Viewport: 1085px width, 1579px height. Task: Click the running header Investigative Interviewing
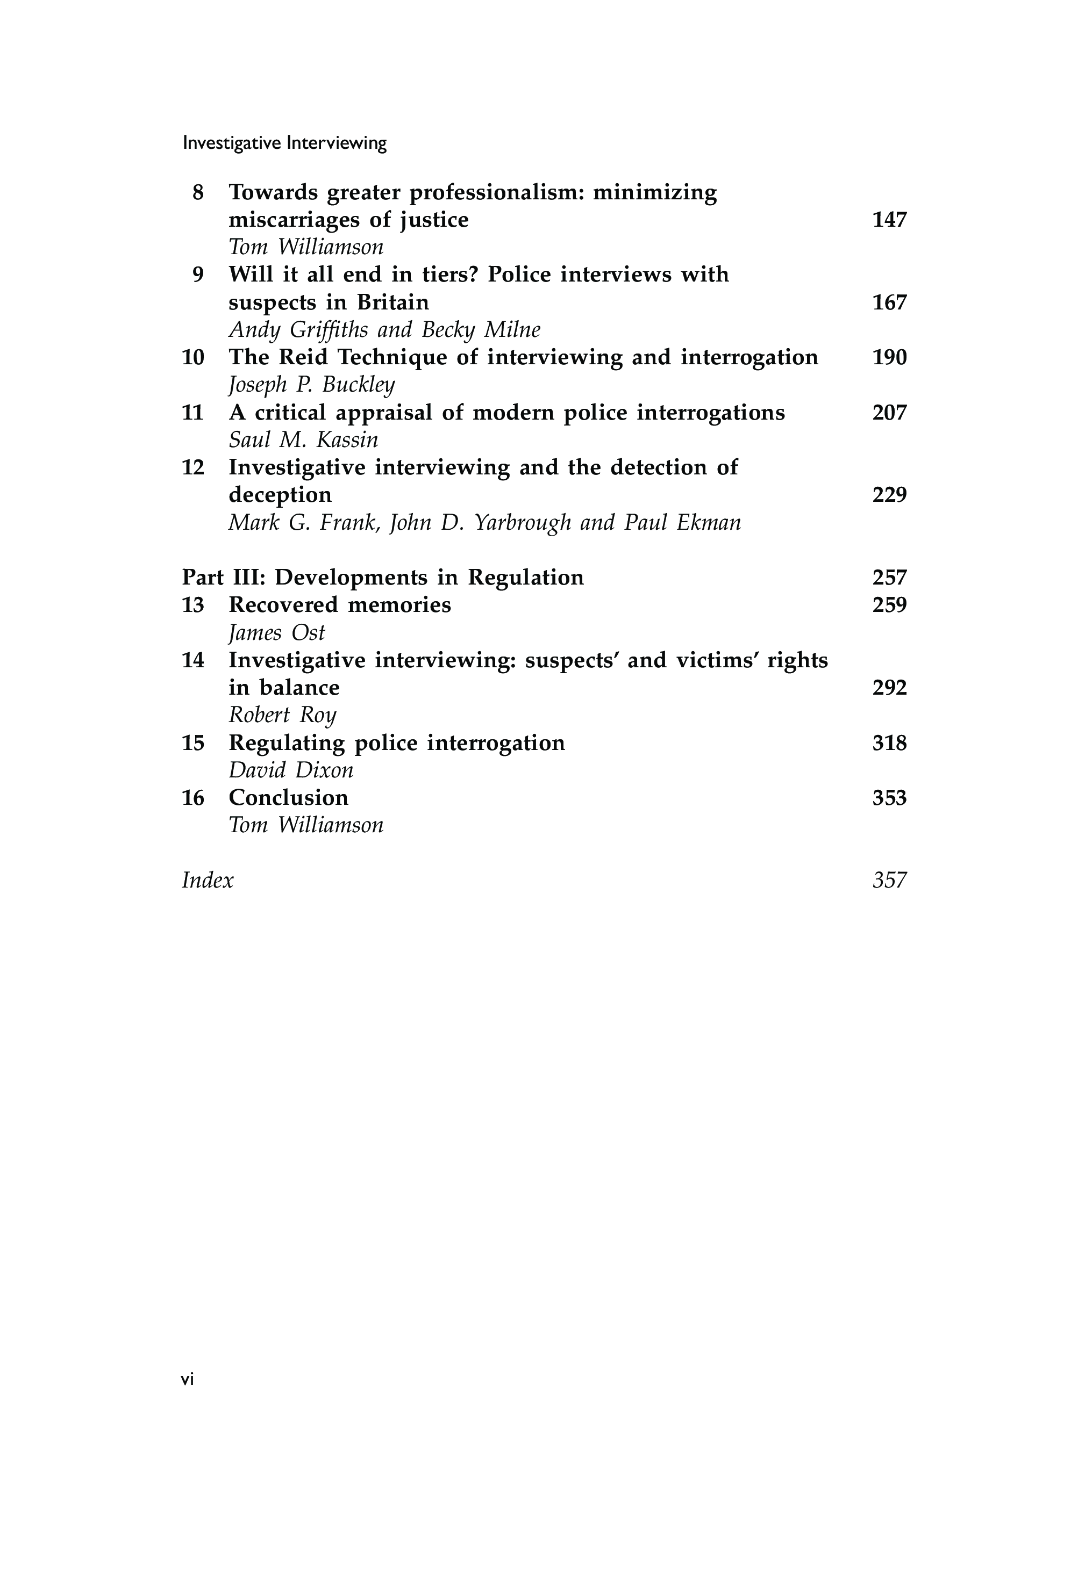284,143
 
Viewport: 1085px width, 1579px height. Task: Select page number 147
889,220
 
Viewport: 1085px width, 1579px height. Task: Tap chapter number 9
198,275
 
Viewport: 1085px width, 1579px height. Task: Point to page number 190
889,357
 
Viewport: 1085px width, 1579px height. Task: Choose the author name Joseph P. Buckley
311,385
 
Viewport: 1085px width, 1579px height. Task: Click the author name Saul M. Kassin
303,440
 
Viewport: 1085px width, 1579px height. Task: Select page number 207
889,413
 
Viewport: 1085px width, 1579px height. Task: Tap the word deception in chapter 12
280,495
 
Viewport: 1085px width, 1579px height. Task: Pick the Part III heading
383,578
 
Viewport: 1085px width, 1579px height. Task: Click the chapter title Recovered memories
340,605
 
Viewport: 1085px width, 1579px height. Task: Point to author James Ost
277,633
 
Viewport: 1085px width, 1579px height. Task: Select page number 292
889,688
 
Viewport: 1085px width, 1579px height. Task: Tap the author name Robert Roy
282,716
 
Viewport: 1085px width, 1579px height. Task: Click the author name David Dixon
291,770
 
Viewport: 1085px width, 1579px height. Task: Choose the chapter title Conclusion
288,798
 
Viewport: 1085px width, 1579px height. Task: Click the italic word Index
208,881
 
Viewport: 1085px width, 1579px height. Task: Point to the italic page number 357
889,881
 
